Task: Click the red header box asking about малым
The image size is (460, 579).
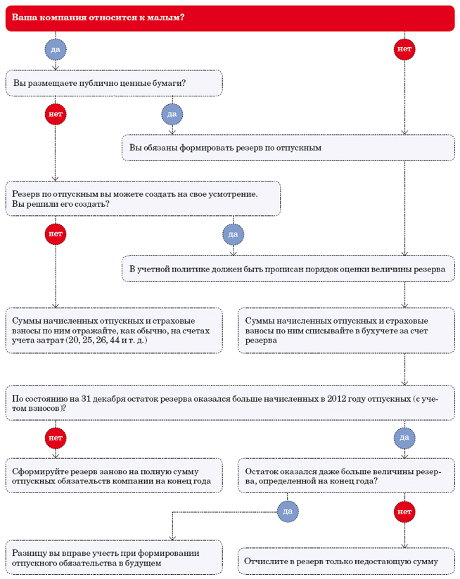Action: pyautogui.click(x=230, y=18)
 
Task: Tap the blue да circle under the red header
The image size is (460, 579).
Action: pyautogui.click(x=56, y=49)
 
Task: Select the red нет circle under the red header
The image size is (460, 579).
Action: pyautogui.click(x=404, y=49)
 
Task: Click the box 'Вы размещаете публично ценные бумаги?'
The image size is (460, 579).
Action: pyautogui.click(x=114, y=83)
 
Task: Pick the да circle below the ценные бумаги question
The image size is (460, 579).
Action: pyautogui.click(x=172, y=114)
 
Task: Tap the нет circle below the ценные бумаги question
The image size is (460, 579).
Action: pyautogui.click(x=56, y=114)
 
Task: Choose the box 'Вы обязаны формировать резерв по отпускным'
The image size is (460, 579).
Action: pyautogui.click(x=288, y=148)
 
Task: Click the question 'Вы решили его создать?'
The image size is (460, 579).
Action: pyautogui.click(x=60, y=204)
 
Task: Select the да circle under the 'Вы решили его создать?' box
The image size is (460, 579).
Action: pyautogui.click(x=234, y=234)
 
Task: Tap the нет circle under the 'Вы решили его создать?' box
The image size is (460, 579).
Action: pyautogui.click(x=56, y=234)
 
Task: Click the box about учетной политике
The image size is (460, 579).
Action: pyautogui.click(x=288, y=269)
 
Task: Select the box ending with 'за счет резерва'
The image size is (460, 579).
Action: pyautogui.click(x=346, y=331)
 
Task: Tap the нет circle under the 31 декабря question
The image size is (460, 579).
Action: pyautogui.click(x=56, y=438)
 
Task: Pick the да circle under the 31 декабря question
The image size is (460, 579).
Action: pyautogui.click(x=404, y=438)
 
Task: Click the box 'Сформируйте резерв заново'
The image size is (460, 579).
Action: pyautogui.click(x=114, y=476)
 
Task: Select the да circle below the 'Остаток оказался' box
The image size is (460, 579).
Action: pyautogui.click(x=288, y=511)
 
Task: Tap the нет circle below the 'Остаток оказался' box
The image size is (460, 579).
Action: pyautogui.click(x=404, y=511)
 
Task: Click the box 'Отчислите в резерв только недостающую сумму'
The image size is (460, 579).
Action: pyautogui.click(x=346, y=561)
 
